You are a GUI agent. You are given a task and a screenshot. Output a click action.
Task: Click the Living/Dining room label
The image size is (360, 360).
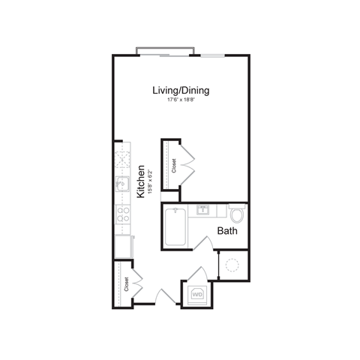[x=180, y=91]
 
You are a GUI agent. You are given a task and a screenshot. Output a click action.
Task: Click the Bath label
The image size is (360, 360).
[x=227, y=231]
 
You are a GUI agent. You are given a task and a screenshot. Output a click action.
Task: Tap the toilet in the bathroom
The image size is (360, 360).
[x=237, y=216]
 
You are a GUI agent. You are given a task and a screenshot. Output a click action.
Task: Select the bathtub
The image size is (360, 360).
[x=175, y=226]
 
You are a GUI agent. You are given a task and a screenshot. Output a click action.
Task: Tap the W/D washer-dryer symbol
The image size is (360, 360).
[x=198, y=295]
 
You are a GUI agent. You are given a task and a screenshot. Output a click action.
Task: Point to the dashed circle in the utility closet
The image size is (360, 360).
[x=232, y=265]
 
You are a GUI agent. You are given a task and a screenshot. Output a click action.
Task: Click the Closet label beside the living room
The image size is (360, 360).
[x=174, y=163]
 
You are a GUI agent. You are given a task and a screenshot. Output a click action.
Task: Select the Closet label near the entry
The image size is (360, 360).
[x=127, y=285]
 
